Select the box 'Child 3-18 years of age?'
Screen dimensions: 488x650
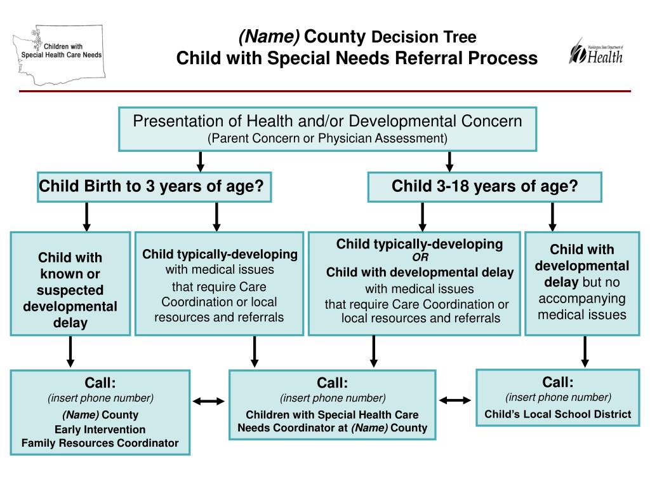click(484, 187)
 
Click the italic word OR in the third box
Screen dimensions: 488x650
click(420, 257)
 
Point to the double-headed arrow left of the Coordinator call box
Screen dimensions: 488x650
click(209, 401)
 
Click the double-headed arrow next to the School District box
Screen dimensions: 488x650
click(456, 400)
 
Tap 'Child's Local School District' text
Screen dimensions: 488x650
click(557, 414)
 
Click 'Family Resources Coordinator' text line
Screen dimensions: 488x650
click(100, 443)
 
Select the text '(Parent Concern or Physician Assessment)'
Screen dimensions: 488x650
click(328, 138)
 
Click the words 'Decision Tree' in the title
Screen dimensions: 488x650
click(423, 37)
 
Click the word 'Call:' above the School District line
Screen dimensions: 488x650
click(557, 382)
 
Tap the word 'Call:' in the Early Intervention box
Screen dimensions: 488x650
click(100, 383)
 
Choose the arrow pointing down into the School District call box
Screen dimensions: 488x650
click(585, 351)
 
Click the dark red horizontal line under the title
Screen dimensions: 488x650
click(325, 91)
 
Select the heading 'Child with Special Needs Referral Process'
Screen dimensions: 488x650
click(356, 58)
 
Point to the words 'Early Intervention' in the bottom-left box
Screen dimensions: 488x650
click(100, 429)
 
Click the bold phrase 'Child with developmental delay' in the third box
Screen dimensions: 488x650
click(420, 273)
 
